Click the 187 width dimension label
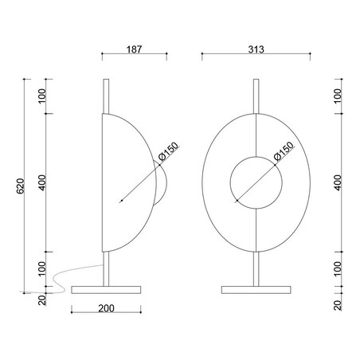(x=134, y=49)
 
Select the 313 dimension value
(x=256, y=49)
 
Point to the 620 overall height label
(x=21, y=186)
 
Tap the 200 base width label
(x=106, y=308)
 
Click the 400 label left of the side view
(x=42, y=182)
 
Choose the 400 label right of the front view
(x=338, y=182)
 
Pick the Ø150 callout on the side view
(x=169, y=152)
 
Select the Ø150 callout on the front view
(x=284, y=151)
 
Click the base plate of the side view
(x=106, y=290)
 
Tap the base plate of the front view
(x=256, y=290)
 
